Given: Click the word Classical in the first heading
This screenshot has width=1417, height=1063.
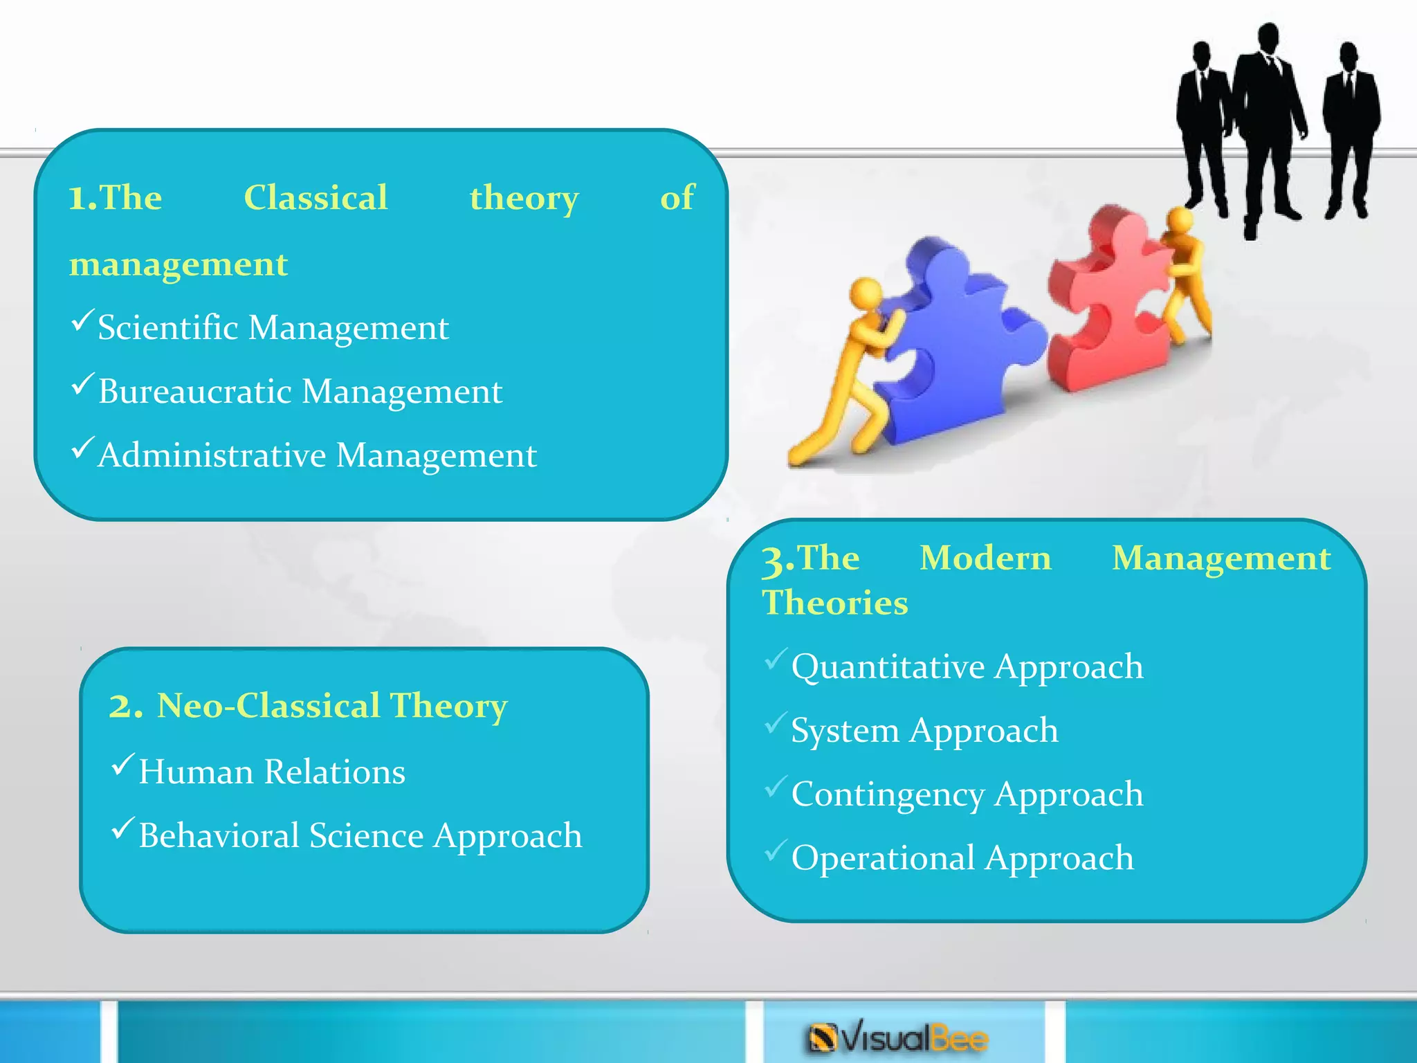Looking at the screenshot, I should [316, 198].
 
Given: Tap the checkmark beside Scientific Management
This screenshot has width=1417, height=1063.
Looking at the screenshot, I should [82, 320].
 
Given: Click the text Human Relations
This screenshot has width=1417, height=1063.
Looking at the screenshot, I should [271, 772].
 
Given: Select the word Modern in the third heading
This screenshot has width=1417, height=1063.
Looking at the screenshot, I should [985, 558].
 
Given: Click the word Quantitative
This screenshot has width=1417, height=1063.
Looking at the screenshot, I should [888, 667].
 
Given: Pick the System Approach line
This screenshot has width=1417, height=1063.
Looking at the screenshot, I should [924, 731].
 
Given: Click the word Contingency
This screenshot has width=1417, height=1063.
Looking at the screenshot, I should [888, 794].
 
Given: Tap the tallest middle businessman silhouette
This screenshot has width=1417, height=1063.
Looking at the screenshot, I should [1269, 118].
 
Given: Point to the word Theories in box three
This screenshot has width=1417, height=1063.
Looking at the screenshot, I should [834, 603].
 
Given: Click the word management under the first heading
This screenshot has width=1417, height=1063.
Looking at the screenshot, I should [179, 264].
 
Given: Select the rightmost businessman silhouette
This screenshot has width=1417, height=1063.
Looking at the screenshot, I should [1349, 125].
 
